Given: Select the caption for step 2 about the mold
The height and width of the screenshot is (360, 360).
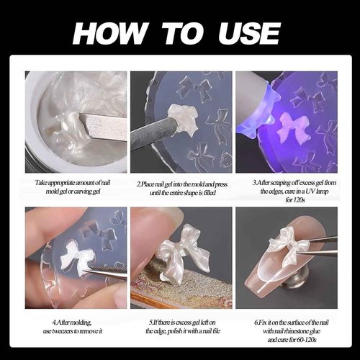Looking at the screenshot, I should coord(180,189).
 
